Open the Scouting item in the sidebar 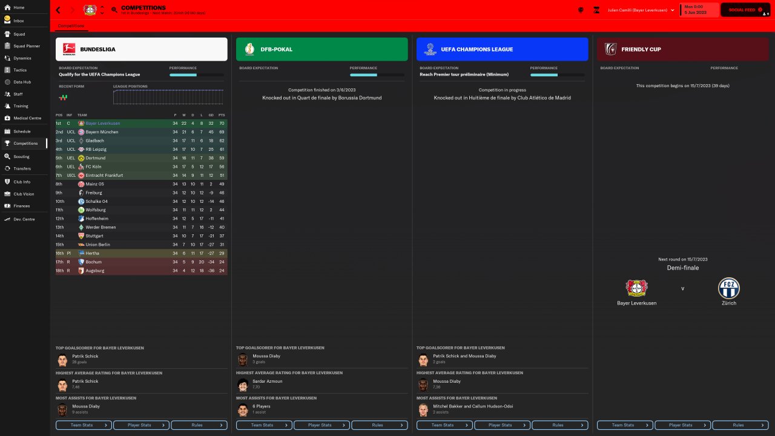(x=21, y=156)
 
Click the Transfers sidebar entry (x=22, y=168)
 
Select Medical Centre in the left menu (x=27, y=118)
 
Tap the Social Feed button (x=744, y=10)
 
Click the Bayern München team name (x=102, y=132)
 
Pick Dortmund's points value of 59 (x=222, y=158)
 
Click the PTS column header (x=222, y=114)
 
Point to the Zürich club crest (x=728, y=288)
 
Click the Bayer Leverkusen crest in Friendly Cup (x=637, y=288)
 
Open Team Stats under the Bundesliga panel (x=84, y=425)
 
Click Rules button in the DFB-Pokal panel (x=378, y=425)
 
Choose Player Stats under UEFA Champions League (x=500, y=425)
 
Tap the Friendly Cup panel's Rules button (x=739, y=425)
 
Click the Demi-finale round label (x=682, y=268)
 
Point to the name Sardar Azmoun (x=268, y=381)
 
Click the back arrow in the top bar (x=58, y=10)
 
